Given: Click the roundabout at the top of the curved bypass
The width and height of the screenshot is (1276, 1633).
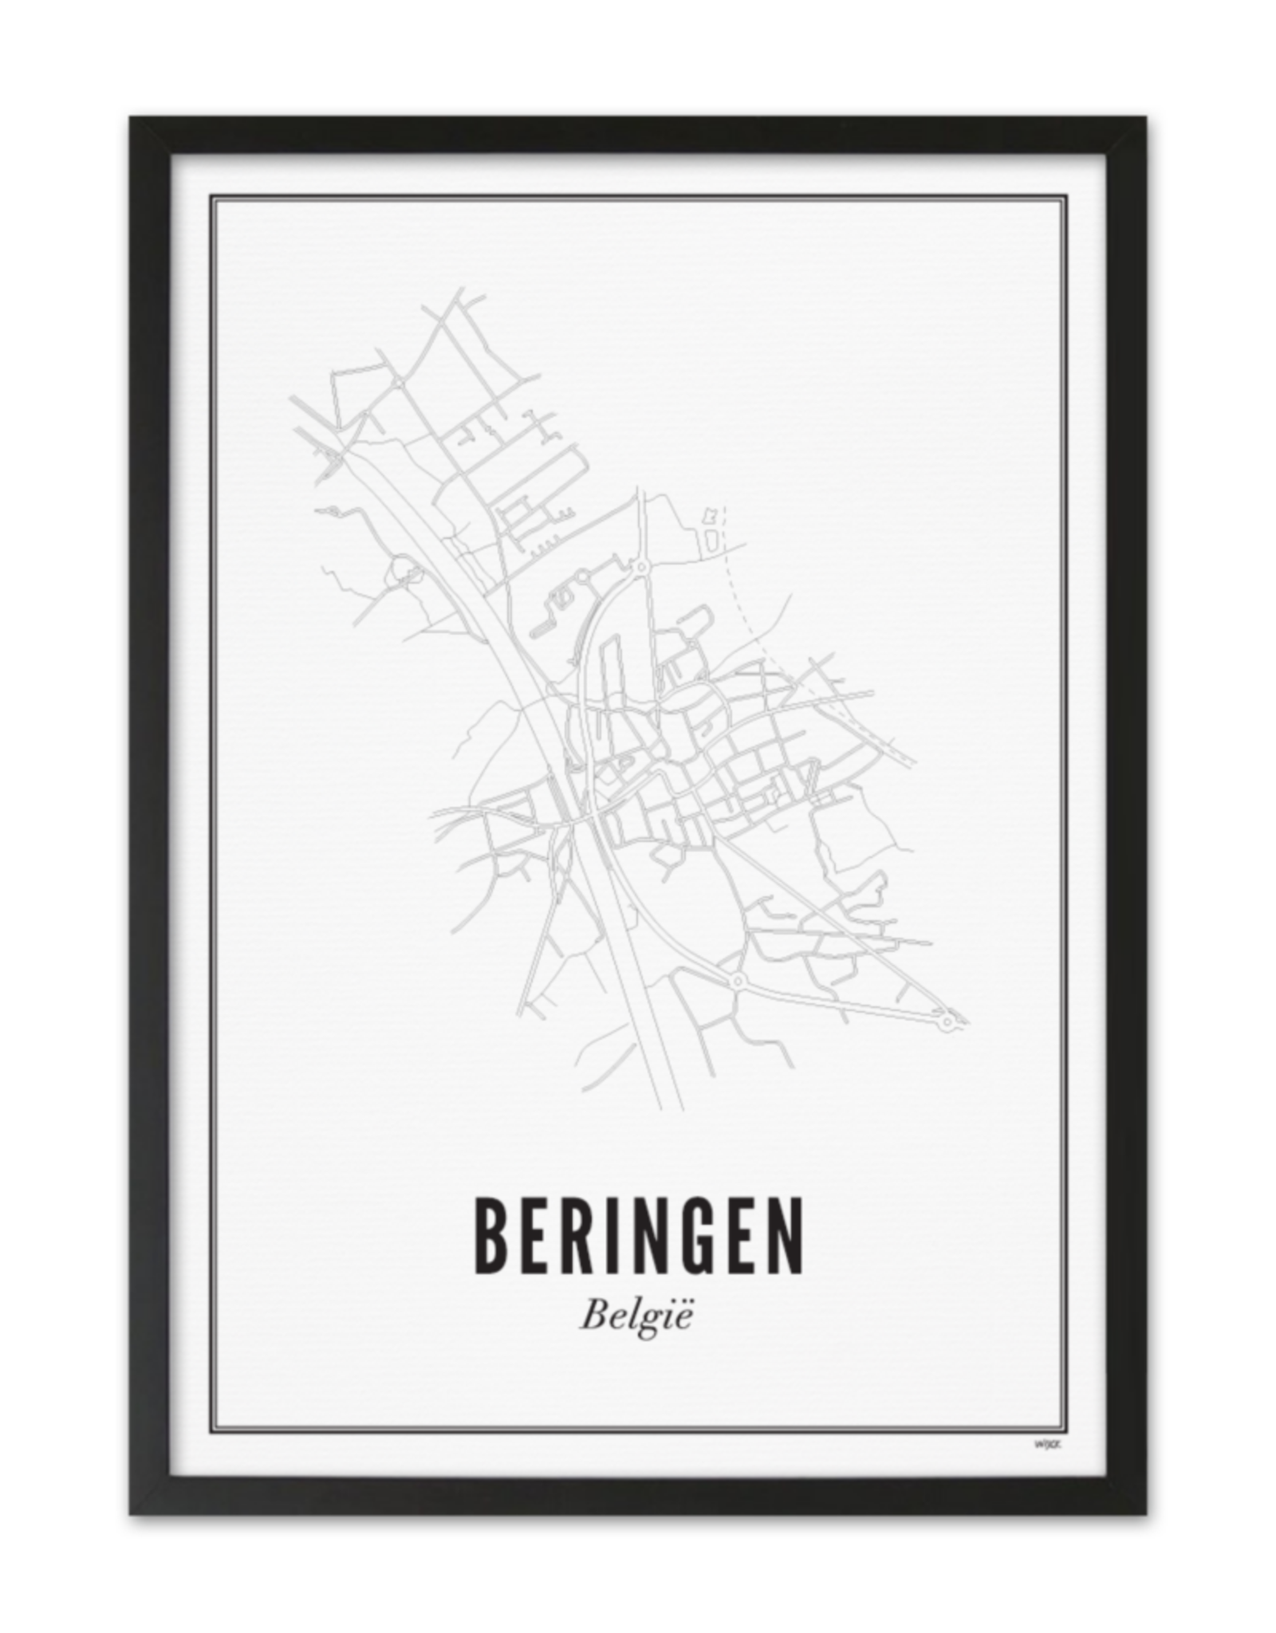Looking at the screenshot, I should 640,566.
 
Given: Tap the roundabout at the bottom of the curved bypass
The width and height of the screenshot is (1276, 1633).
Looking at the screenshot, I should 736,979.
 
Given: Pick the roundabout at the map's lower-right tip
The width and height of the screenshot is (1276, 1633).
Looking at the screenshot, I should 947,1021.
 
